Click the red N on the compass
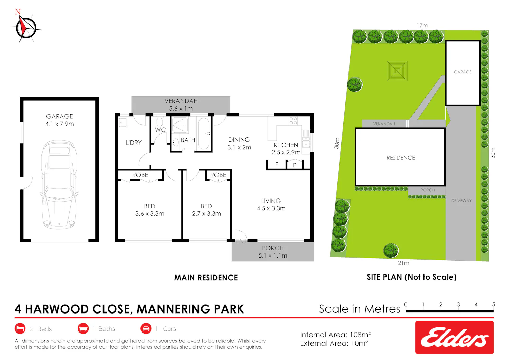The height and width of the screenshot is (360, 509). (18, 12)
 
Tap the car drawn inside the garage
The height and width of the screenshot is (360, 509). (59, 185)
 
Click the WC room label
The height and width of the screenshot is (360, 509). (161, 130)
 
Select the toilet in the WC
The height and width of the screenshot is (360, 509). (160, 121)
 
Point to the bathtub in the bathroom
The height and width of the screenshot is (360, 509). (204, 133)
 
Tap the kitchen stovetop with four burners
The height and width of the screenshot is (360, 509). (293, 121)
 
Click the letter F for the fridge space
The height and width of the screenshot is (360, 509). (277, 164)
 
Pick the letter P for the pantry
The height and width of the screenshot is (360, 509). (295, 165)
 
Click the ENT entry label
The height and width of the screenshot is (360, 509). (241, 241)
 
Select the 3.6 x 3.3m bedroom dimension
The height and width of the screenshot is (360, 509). (150, 214)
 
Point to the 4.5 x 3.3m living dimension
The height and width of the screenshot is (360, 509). (271, 208)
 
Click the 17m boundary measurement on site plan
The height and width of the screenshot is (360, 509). (422, 26)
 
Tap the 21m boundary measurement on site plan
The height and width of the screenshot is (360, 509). (403, 263)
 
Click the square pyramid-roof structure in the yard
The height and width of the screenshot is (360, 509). (397, 71)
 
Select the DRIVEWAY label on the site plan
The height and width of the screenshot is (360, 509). (461, 201)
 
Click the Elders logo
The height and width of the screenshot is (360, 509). (454, 337)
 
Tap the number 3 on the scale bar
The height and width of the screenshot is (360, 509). (458, 305)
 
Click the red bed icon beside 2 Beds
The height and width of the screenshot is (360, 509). (20, 328)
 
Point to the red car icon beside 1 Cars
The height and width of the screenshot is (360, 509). (146, 328)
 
